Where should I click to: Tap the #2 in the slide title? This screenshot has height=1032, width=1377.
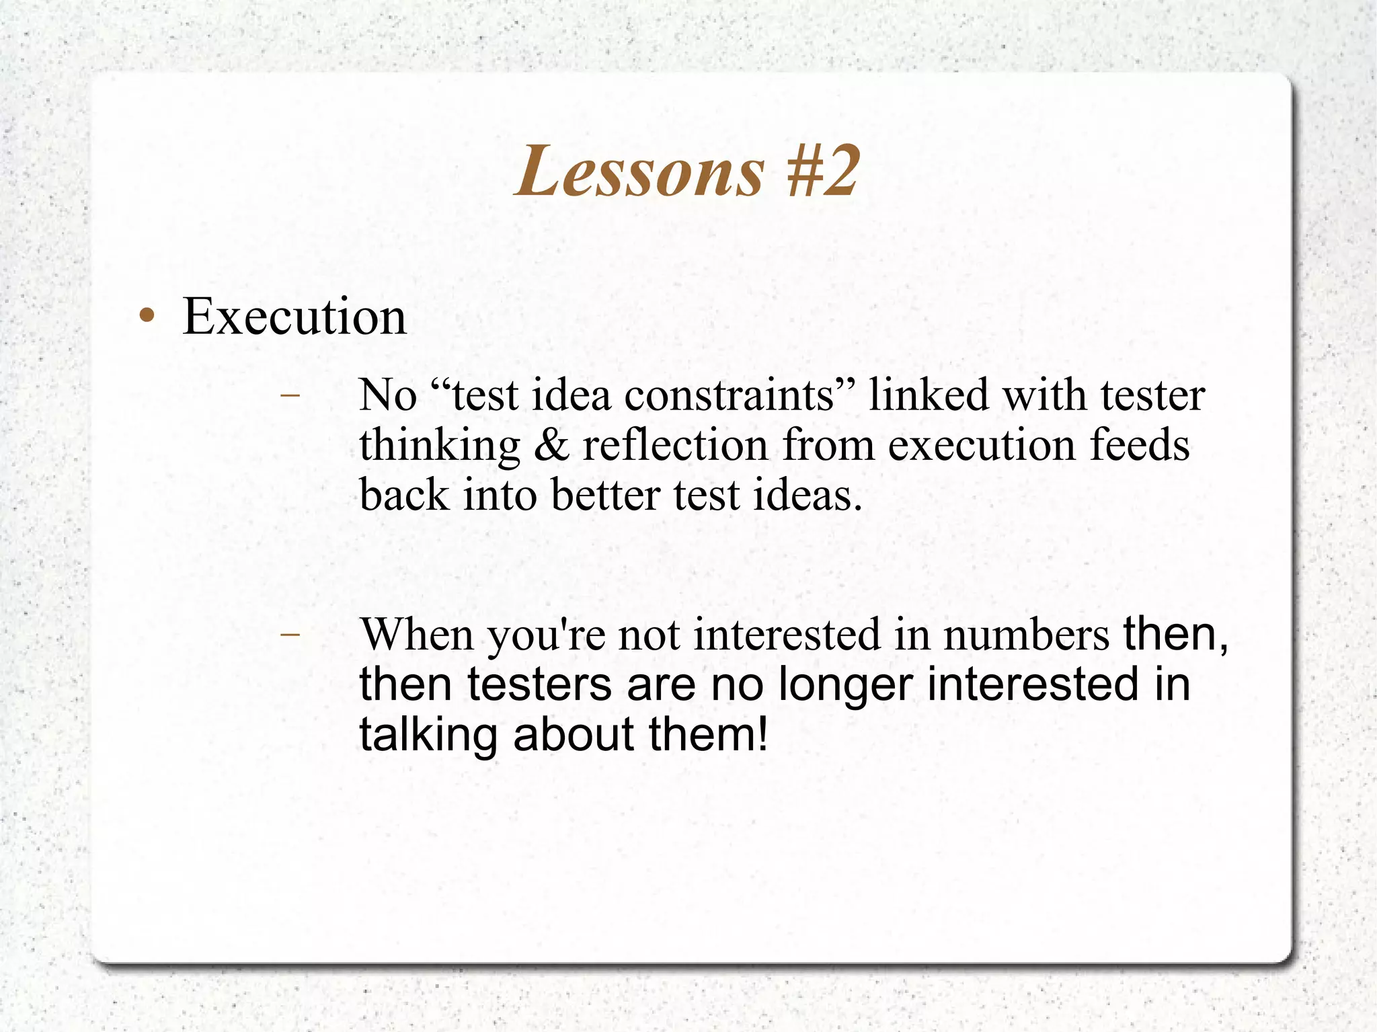coord(822,171)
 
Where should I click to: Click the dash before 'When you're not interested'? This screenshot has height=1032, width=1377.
coord(290,634)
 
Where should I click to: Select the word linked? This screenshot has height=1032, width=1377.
coord(929,395)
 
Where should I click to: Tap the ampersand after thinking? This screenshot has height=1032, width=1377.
coord(551,445)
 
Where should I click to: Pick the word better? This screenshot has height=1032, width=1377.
coord(606,495)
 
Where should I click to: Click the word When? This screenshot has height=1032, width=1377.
coord(417,634)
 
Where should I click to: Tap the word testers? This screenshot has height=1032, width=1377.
coord(540,684)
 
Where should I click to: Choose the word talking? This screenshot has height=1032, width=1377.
coord(428,735)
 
